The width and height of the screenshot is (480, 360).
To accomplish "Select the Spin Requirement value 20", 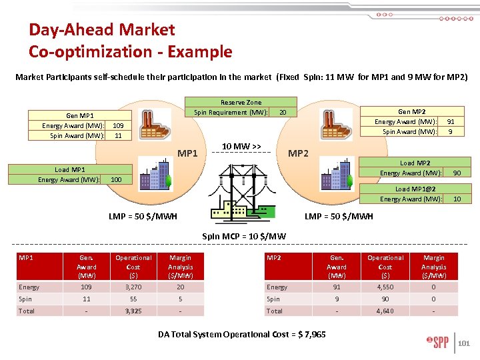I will [x=283, y=113].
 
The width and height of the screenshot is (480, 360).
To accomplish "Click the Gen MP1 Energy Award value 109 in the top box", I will [x=117, y=125].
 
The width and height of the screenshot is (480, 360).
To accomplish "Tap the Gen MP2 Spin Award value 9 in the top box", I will [x=451, y=131].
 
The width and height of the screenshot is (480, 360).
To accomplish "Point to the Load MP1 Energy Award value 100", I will [x=116, y=180].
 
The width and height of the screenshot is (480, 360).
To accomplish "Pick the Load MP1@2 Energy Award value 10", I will [x=457, y=199].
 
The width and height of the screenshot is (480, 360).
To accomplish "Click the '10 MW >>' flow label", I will [x=241, y=146].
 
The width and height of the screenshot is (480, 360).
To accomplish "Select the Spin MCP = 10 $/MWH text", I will [x=243, y=236].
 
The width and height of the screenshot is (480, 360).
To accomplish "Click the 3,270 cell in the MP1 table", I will [x=133, y=287].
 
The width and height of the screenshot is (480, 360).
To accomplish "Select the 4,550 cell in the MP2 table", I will [x=385, y=287].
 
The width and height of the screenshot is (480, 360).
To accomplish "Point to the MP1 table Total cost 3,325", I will [x=133, y=311].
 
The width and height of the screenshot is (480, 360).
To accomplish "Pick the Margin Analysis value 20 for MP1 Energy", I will [x=181, y=287].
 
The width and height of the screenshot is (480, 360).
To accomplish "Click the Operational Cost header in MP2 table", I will [x=385, y=266].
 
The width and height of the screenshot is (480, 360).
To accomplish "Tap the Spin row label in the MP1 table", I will [x=26, y=299].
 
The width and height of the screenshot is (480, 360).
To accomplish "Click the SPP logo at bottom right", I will [x=437, y=343].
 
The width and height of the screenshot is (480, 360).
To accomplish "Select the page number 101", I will [x=465, y=344].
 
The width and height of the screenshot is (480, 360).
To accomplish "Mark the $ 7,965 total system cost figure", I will [x=307, y=334].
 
